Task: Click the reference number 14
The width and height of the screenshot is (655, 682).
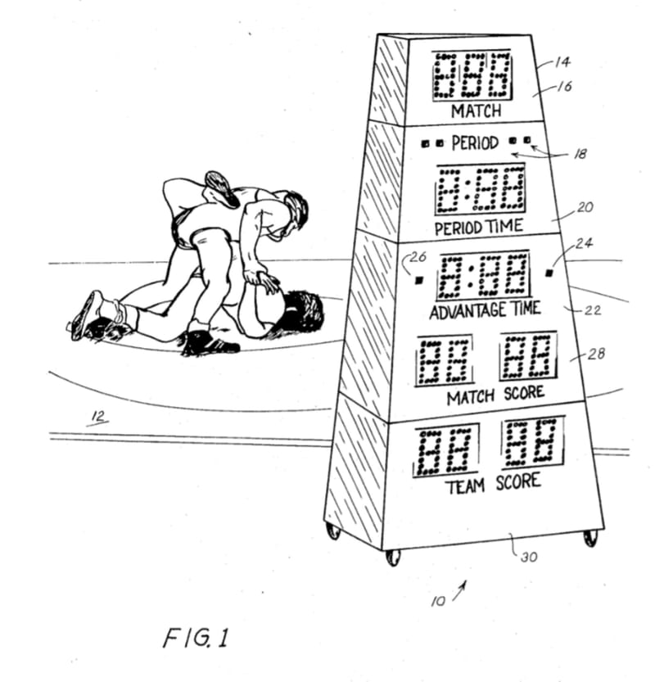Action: point(562,61)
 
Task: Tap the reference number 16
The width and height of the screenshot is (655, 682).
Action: point(564,86)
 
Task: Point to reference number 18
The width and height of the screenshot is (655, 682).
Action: point(580,154)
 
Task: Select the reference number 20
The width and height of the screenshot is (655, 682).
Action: point(585,207)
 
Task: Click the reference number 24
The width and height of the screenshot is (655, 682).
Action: point(584,243)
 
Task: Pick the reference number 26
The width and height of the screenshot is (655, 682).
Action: point(418,256)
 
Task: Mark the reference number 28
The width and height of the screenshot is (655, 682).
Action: point(596,354)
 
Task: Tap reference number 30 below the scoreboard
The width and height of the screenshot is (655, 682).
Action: point(529,557)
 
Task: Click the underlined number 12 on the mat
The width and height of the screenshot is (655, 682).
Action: point(98,417)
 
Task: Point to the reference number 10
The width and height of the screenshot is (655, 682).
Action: point(438,601)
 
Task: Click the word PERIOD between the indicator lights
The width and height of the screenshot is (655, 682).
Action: point(475,142)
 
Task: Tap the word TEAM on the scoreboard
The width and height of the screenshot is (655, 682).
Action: point(466,486)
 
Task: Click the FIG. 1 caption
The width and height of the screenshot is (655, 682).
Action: point(196,638)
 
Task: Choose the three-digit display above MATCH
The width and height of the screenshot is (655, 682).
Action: point(472,75)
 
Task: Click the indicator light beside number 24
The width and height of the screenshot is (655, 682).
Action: point(549,273)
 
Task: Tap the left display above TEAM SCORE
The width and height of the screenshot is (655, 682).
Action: point(446,450)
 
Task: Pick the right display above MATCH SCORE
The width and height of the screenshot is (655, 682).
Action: point(528,356)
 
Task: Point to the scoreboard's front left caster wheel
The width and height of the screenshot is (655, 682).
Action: point(393,558)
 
